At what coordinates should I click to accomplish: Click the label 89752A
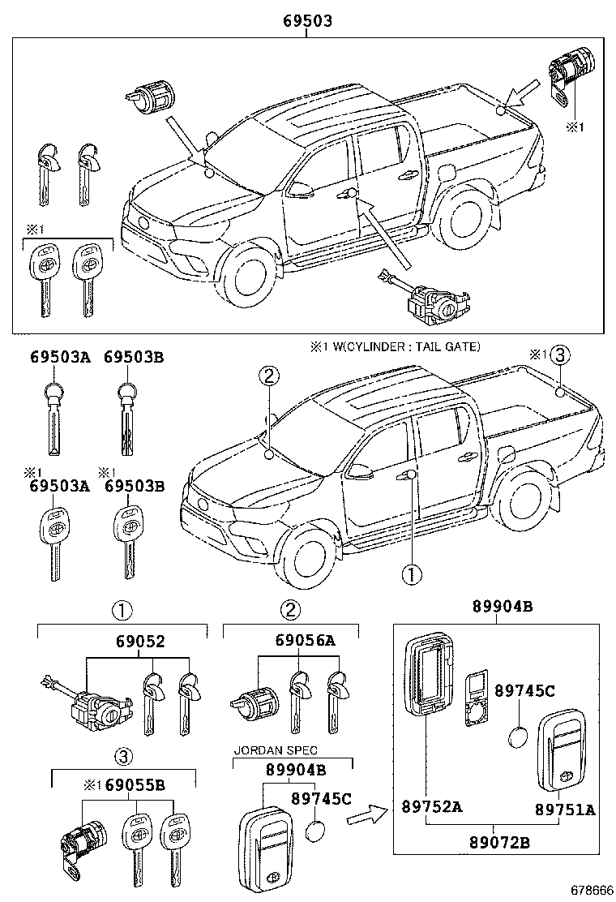click(431, 807)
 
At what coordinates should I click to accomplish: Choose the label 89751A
click(565, 809)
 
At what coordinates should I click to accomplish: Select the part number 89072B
click(498, 844)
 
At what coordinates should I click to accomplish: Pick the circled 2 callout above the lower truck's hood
click(270, 375)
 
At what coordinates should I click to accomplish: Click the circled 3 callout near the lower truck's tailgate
click(562, 354)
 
